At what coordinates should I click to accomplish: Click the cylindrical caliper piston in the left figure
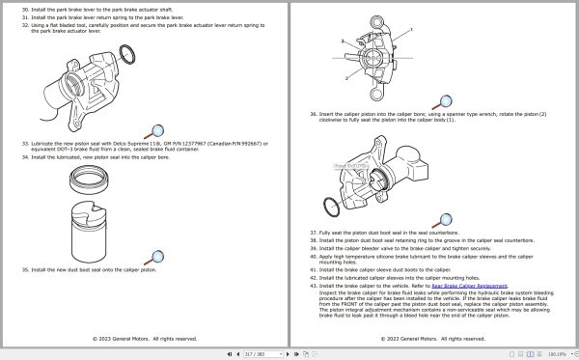pos(94,227)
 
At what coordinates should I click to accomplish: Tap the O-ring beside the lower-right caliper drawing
pos(328,207)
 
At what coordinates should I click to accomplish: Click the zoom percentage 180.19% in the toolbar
pos(557,353)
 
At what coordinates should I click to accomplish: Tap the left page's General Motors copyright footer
pos(145,339)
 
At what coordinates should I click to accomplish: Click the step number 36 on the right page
pos(314,114)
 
